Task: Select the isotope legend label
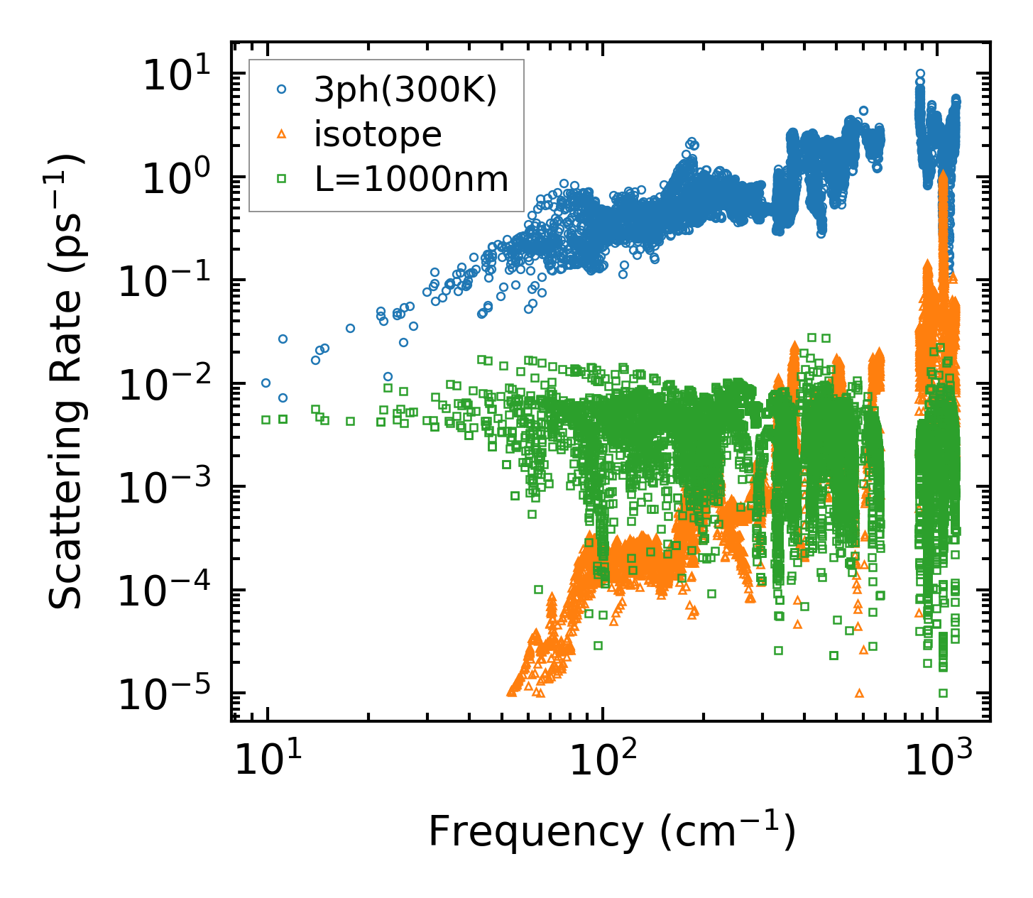378,134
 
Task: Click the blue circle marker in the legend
282,89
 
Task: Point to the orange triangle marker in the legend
282,133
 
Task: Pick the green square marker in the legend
282,179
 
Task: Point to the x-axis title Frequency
611,832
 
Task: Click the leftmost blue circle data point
266,383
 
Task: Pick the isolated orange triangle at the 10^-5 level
860,693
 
